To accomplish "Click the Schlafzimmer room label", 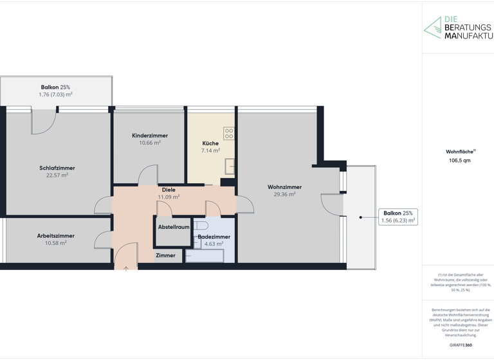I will [57, 168].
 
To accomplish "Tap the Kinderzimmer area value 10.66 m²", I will [150, 143].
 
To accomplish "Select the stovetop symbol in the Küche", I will [229, 133].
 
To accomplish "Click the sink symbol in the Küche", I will [230, 166].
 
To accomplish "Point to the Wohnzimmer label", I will [284, 187].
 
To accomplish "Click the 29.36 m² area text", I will [284, 194].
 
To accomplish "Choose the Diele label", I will [169, 190].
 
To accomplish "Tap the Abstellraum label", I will [174, 227].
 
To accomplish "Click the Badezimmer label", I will [214, 237].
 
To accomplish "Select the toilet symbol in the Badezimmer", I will [201, 226].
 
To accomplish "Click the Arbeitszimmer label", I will [56, 236].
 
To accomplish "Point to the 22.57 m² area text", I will [57, 175].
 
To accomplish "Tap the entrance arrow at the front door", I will [126, 269].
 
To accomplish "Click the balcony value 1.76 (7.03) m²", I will [55, 94].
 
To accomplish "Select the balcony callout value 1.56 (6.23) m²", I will [398, 221].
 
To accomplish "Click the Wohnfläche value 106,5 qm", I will [459, 161].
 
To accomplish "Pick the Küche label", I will [210, 143].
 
